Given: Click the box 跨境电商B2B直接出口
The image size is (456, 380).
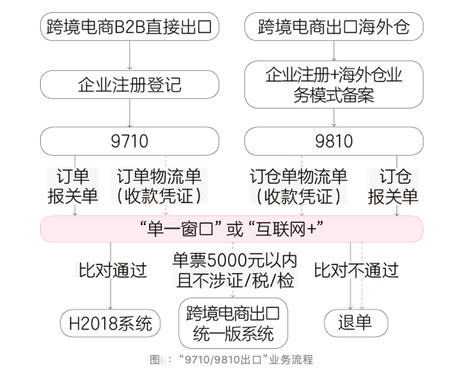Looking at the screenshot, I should (x=130, y=27).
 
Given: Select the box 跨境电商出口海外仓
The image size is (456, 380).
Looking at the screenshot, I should (x=333, y=27).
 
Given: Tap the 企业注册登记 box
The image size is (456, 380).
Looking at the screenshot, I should (x=130, y=83).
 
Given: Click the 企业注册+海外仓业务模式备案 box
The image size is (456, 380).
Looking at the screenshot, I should (x=333, y=85).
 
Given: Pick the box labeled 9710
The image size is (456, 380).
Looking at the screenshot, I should (x=130, y=141).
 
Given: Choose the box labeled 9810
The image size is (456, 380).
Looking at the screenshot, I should (x=333, y=141).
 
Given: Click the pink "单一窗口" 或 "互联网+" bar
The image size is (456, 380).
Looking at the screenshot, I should (x=231, y=228).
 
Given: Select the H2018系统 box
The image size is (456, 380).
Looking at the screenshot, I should (x=110, y=324).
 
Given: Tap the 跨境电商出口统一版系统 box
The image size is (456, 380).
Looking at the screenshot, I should (x=234, y=323).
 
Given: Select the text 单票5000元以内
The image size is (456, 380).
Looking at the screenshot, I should (x=234, y=261).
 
